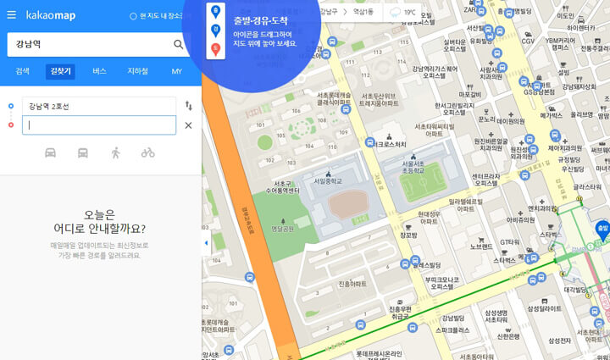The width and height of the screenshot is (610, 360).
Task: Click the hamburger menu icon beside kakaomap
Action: click(11, 14)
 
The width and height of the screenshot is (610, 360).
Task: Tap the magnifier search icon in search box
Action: click(179, 44)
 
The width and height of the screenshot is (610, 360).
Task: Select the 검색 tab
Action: click(23, 71)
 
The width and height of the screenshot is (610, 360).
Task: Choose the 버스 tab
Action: click(99, 71)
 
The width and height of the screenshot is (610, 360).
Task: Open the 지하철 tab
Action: click(137, 71)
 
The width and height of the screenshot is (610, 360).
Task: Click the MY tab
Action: click(176, 71)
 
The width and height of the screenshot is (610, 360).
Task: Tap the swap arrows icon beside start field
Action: click(188, 106)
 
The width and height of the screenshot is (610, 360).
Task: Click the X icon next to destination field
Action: click(188, 125)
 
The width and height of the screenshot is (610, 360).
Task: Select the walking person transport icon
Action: click(116, 152)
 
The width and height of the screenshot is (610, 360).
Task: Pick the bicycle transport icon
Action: click(148, 152)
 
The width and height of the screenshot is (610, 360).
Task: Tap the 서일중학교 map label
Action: click(327, 180)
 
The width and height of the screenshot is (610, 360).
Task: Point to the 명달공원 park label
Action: click(282, 229)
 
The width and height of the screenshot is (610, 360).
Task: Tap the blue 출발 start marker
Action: click(602, 229)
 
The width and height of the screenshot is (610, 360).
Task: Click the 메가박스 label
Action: click(552, 115)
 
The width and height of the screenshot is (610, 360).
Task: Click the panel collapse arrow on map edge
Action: click(206, 244)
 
